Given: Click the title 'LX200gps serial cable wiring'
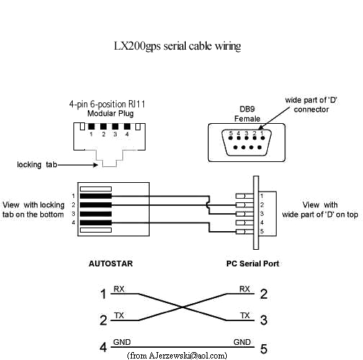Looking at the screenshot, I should [177, 45].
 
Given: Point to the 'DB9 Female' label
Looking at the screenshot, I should [247, 113].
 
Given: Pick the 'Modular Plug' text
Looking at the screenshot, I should [107, 114].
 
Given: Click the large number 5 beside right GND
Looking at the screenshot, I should [263, 348].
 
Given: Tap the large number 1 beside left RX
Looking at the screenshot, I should [103, 294].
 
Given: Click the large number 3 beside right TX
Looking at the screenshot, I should [263, 320].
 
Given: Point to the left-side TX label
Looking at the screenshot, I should [119, 315].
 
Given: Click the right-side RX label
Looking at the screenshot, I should [246, 289].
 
